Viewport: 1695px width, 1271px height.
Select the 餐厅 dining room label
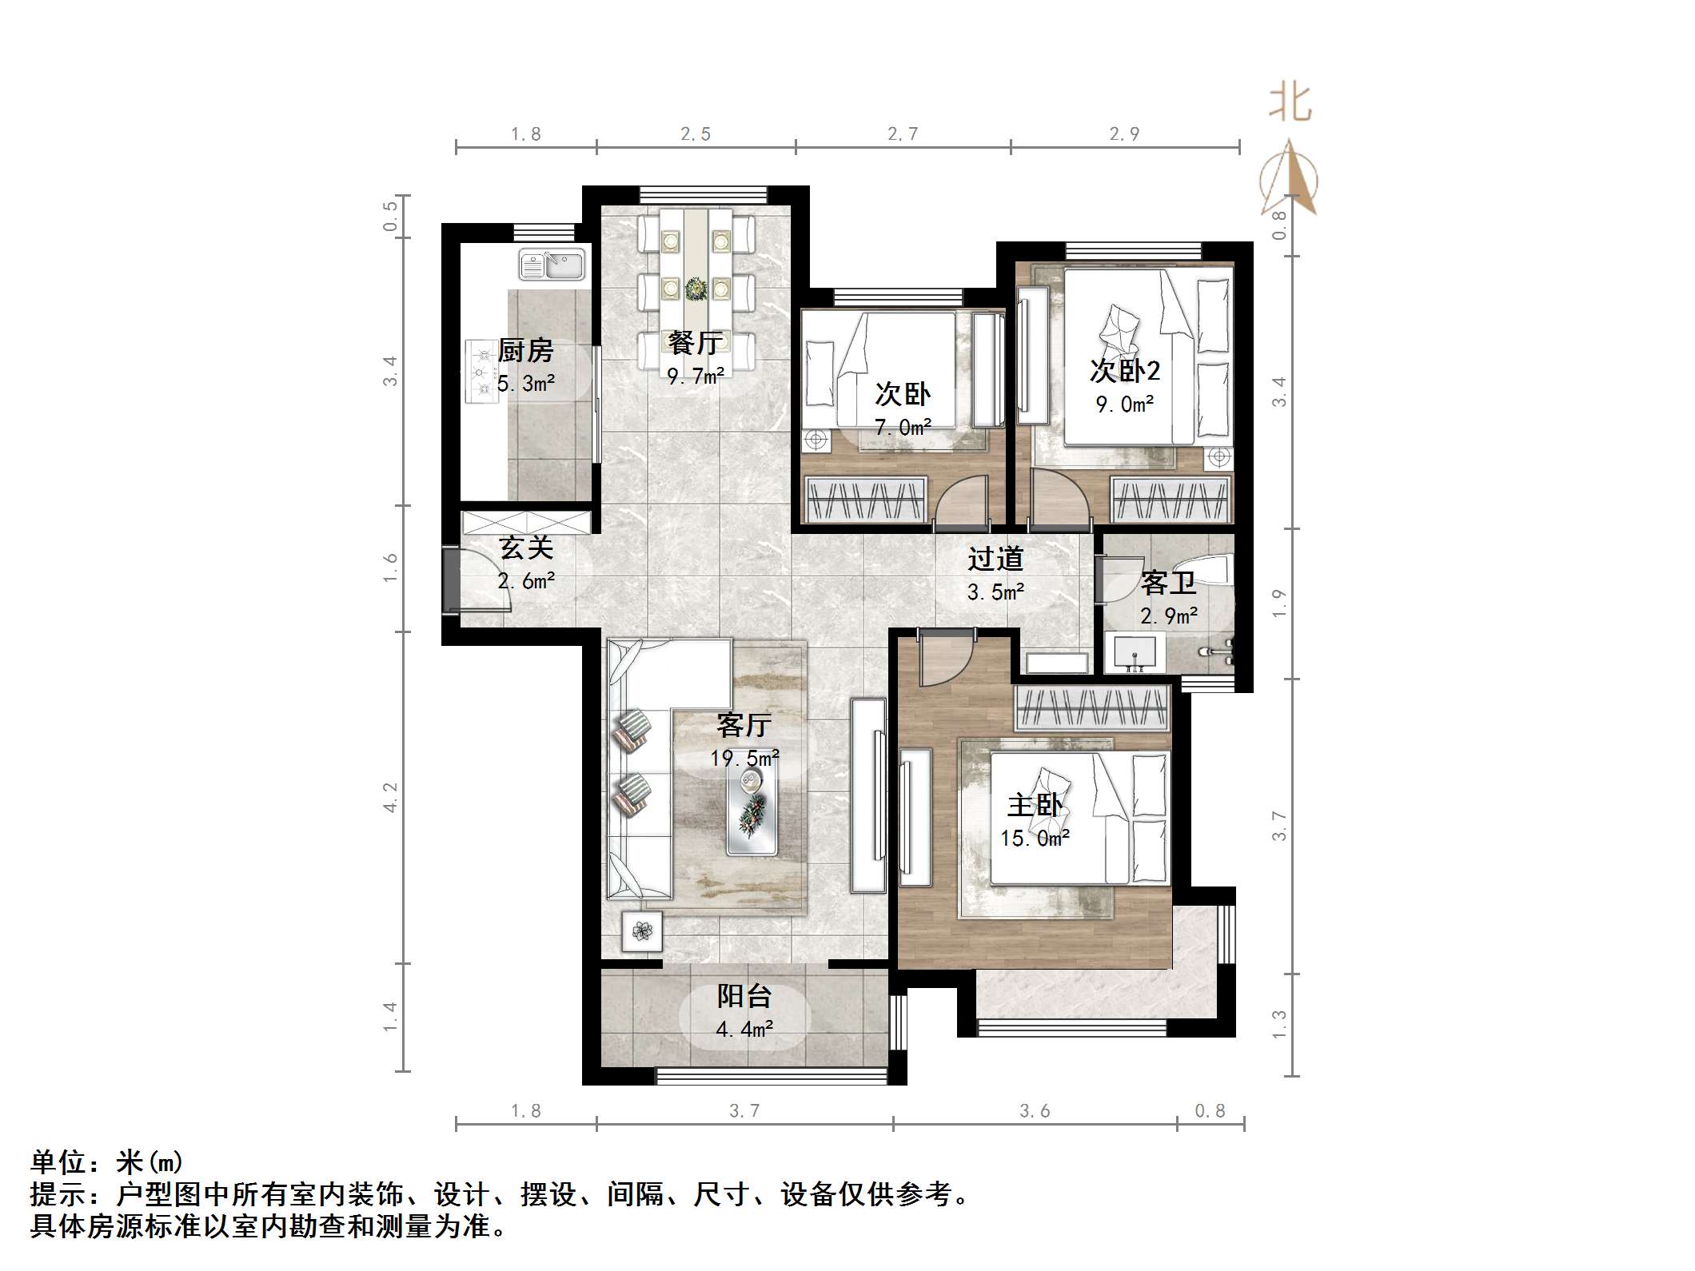(696, 343)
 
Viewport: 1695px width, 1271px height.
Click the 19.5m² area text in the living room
(744, 758)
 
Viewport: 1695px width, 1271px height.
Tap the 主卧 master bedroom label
(1035, 805)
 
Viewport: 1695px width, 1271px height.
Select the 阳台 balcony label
(744, 996)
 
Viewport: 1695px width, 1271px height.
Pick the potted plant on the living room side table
(642, 930)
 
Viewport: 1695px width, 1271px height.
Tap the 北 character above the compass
(1290, 103)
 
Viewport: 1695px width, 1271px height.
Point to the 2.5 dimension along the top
(695, 134)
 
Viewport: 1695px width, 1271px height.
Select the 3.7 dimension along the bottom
(744, 1111)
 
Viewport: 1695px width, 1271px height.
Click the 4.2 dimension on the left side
(390, 797)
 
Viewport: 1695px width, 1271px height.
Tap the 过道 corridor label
(995, 559)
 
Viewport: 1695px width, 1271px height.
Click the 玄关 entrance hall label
(525, 548)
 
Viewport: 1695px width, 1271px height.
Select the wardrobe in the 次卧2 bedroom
(1171, 500)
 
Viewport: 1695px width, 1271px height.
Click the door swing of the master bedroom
(945, 659)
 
